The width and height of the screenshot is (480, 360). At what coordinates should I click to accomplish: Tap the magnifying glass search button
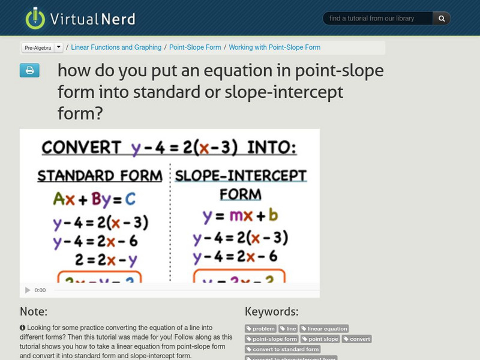coord(441,19)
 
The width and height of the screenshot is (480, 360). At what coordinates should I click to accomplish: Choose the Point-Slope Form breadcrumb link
coord(195,47)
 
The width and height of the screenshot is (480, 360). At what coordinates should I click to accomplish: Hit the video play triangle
coord(28,290)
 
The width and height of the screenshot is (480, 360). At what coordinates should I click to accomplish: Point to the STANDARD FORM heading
coord(100,176)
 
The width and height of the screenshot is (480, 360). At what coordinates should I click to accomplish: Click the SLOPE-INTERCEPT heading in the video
coord(241,176)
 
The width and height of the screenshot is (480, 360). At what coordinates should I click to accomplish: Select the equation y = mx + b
coord(239,215)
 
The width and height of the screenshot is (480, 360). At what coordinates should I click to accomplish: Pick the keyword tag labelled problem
coord(261,329)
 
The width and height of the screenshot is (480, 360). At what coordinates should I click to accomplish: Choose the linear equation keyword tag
coord(324,329)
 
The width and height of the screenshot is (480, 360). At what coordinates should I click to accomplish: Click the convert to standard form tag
coord(283,349)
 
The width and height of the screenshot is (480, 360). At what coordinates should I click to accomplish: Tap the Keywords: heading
coord(271,311)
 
